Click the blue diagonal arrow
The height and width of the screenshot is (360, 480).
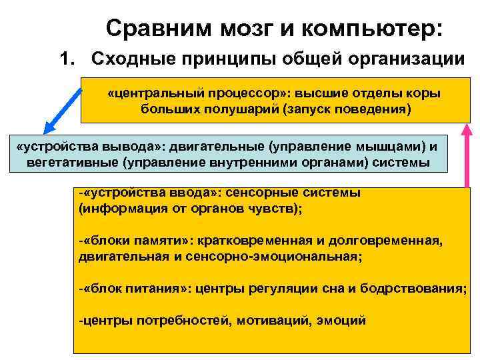63,106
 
